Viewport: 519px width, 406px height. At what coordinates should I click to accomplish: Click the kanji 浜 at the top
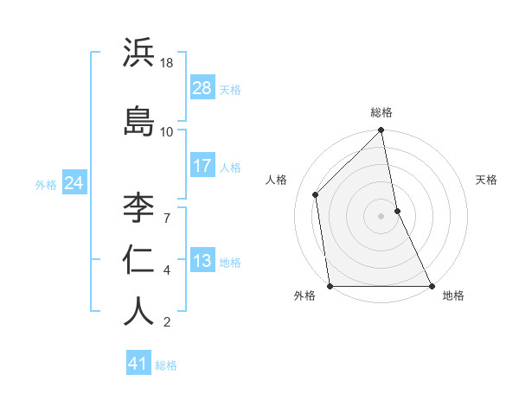(138, 54)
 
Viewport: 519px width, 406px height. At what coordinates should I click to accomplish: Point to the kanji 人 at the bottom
(138, 311)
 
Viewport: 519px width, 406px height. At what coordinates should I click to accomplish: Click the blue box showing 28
(202, 88)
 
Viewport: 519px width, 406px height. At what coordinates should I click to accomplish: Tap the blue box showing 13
(202, 261)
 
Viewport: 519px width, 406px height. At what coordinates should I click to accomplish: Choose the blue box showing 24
(74, 183)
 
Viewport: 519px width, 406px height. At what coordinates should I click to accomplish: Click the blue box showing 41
(138, 364)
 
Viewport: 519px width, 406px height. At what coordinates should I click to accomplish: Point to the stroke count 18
(168, 63)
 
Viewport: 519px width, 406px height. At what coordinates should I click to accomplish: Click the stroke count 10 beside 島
(167, 131)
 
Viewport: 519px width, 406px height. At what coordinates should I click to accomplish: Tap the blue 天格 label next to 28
(230, 89)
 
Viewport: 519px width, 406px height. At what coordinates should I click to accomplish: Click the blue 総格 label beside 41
(166, 365)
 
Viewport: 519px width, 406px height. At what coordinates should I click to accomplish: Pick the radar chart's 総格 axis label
(381, 113)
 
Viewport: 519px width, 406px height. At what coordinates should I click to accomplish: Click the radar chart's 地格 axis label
(453, 296)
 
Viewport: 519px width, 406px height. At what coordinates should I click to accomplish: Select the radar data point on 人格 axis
(316, 194)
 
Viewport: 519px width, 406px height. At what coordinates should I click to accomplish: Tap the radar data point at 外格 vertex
(330, 285)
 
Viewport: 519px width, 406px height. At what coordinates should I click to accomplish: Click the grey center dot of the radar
(381, 216)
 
